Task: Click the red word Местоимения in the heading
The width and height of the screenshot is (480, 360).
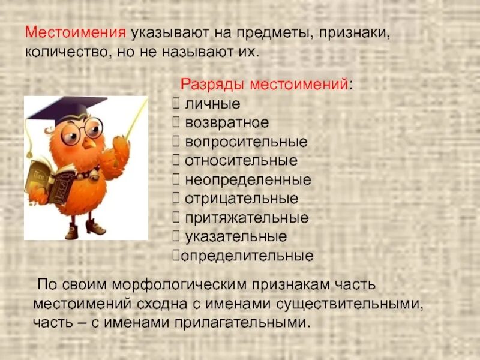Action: pyautogui.click(x=76, y=32)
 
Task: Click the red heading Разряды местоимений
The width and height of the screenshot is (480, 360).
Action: pyautogui.click(x=264, y=85)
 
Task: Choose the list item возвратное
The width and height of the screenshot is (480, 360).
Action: pyautogui.click(x=227, y=123)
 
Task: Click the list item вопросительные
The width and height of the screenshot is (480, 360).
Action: pyautogui.click(x=246, y=142)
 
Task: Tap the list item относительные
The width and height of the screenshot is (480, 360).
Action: pyautogui.click(x=241, y=161)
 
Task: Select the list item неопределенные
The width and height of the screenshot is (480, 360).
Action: pyautogui.click(x=248, y=179)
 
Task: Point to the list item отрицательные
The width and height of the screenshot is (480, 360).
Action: pyautogui.click(x=241, y=199)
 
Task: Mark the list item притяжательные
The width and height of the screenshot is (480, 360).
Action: pyautogui.click(x=247, y=217)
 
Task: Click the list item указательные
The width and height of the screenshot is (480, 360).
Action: pyautogui.click(x=236, y=236)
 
